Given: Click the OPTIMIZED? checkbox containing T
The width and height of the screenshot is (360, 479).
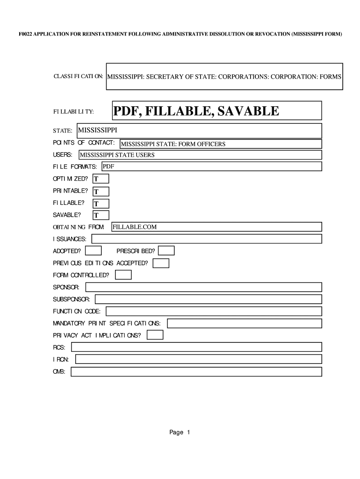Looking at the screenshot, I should pyautogui.click(x=101, y=179).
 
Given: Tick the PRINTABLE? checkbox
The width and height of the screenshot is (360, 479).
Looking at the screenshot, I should pyautogui.click(x=101, y=191).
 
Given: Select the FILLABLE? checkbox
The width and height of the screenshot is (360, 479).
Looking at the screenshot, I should pyautogui.click(x=101, y=203).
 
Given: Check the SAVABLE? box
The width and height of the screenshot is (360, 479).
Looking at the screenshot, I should pyautogui.click(x=101, y=216).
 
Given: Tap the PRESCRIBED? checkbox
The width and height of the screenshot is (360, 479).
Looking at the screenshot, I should pyautogui.click(x=166, y=251).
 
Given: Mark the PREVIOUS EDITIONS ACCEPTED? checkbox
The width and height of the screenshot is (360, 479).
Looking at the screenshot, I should pyautogui.click(x=161, y=263).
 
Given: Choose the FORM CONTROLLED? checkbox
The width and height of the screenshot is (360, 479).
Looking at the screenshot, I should pyautogui.click(x=123, y=275).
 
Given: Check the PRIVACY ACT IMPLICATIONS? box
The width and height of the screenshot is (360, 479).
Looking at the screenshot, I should pyautogui.click(x=155, y=335).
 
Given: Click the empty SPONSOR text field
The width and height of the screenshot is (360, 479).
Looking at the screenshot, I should pyautogui.click(x=203, y=287).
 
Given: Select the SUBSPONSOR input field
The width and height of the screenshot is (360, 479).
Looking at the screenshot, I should pyautogui.click(x=208, y=299).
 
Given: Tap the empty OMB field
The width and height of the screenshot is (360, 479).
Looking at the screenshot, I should pyautogui.click(x=196, y=372).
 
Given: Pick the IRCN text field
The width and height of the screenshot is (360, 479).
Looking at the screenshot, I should pyautogui.click(x=198, y=359).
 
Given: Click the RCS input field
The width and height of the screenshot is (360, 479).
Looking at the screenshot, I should pyautogui.click(x=196, y=347).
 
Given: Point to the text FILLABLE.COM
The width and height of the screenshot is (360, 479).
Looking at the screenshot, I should pyautogui.click(x=135, y=227).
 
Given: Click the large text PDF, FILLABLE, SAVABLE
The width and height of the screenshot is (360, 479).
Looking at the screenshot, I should pyautogui.click(x=196, y=111).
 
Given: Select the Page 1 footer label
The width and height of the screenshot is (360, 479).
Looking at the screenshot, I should pyautogui.click(x=180, y=433).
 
